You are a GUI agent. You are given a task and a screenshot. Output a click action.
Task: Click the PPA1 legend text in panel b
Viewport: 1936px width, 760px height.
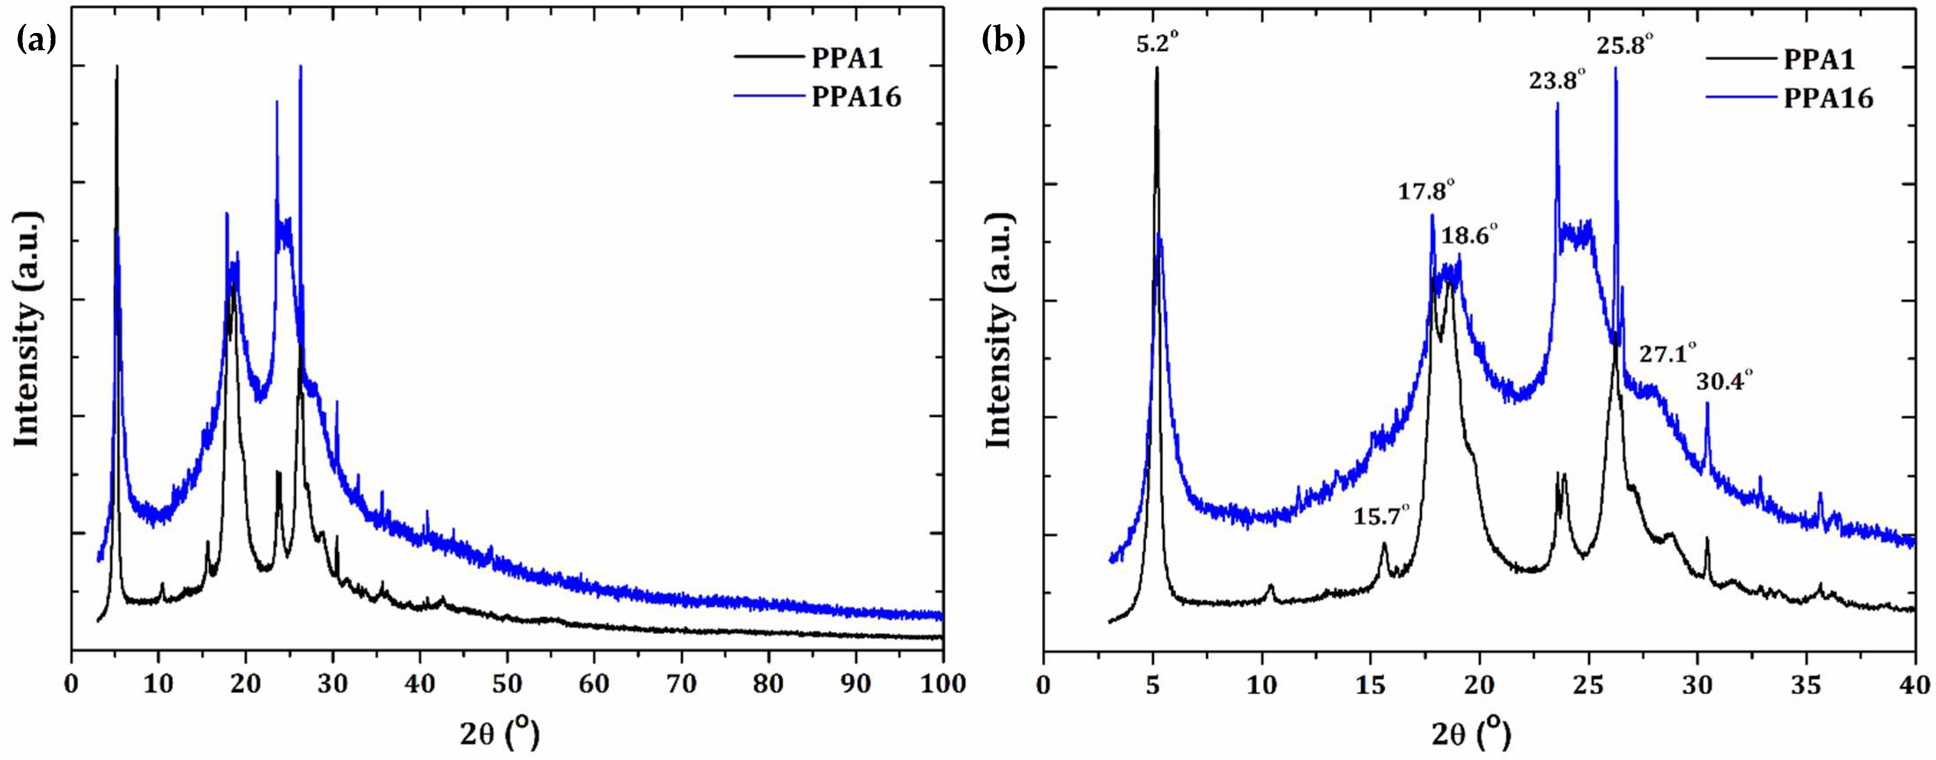point(1819,59)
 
